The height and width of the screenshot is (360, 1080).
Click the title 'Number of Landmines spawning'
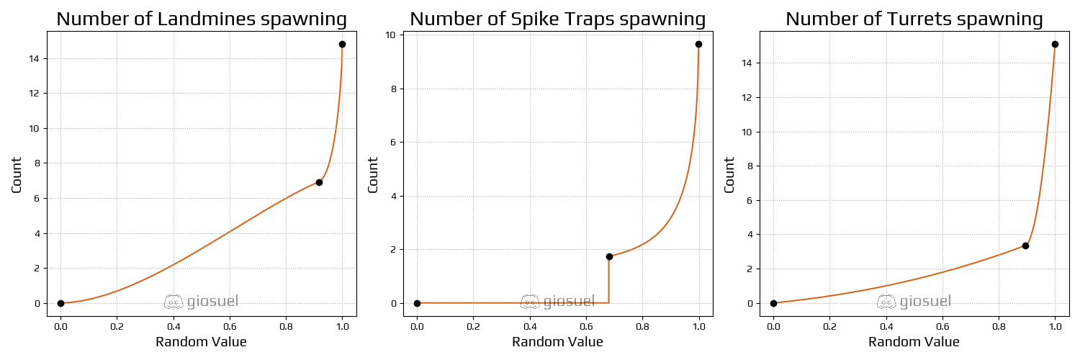(202, 19)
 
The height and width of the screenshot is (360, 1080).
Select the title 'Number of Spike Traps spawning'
(557, 19)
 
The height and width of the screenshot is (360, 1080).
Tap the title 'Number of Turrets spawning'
(914, 19)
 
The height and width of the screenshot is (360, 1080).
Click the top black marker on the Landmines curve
(342, 44)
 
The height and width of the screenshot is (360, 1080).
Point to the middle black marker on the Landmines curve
(319, 182)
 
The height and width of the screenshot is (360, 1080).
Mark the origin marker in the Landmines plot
(60, 303)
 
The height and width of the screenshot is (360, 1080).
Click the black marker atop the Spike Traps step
(609, 256)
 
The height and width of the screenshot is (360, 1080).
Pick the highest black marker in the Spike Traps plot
(698, 44)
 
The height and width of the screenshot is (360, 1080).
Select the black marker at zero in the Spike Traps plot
(417, 303)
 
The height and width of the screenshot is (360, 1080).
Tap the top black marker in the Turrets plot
(1055, 44)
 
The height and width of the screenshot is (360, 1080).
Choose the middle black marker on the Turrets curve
(1025, 246)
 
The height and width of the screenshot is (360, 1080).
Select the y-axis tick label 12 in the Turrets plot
(748, 98)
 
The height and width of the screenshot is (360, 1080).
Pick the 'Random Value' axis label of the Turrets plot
(914, 342)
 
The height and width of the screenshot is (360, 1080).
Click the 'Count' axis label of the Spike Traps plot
(373, 175)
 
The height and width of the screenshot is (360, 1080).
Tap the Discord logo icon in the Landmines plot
(174, 302)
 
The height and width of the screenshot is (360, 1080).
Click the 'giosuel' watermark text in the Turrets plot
(925, 302)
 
